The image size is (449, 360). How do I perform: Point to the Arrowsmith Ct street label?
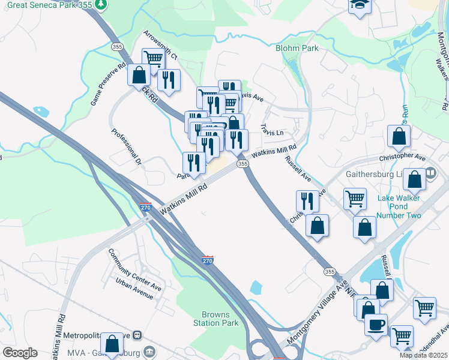160,45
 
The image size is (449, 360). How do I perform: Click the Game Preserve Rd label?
109,85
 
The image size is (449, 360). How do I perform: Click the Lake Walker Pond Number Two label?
399,207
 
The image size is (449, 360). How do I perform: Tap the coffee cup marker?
376,324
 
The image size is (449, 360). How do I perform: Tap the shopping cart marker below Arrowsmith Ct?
154,59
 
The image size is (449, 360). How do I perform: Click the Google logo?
20,352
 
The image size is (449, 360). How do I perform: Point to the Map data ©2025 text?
423,355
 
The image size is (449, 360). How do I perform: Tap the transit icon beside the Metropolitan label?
137,335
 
